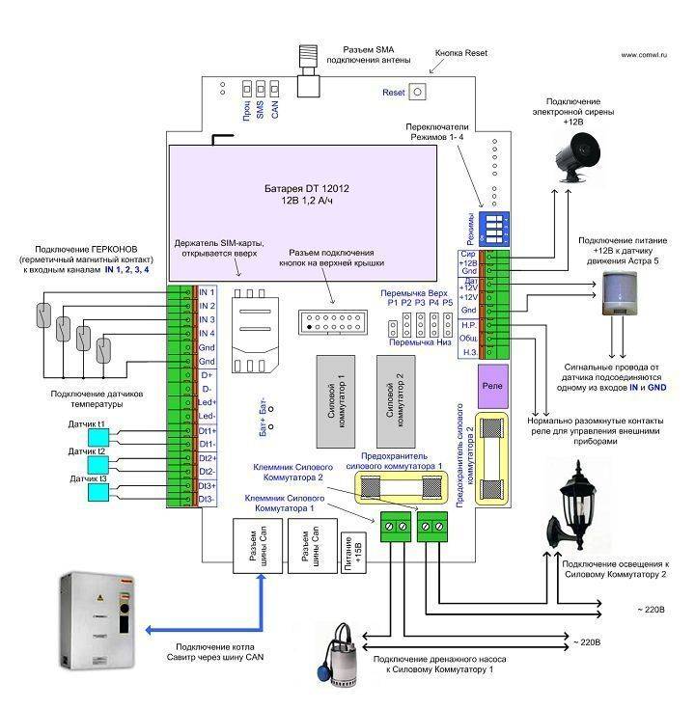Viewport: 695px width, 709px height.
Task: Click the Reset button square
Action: click(420, 93)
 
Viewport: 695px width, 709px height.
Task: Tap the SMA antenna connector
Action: click(309, 75)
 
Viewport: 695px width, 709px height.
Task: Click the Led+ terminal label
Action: click(208, 401)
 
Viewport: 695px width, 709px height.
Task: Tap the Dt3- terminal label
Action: click(208, 499)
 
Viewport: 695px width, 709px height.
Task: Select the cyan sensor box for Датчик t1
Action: click(101, 438)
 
